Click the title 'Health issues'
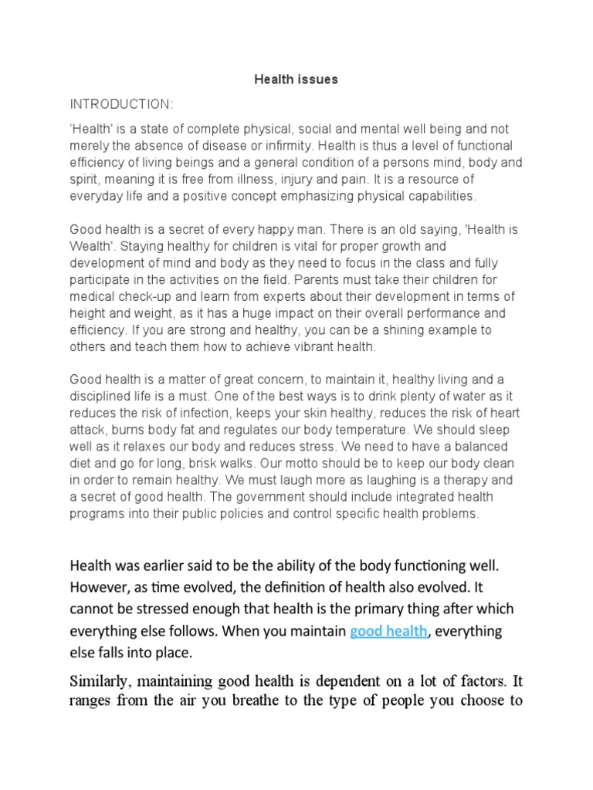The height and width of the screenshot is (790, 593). pyautogui.click(x=296, y=79)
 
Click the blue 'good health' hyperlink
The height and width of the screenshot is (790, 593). pyautogui.click(x=388, y=631)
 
